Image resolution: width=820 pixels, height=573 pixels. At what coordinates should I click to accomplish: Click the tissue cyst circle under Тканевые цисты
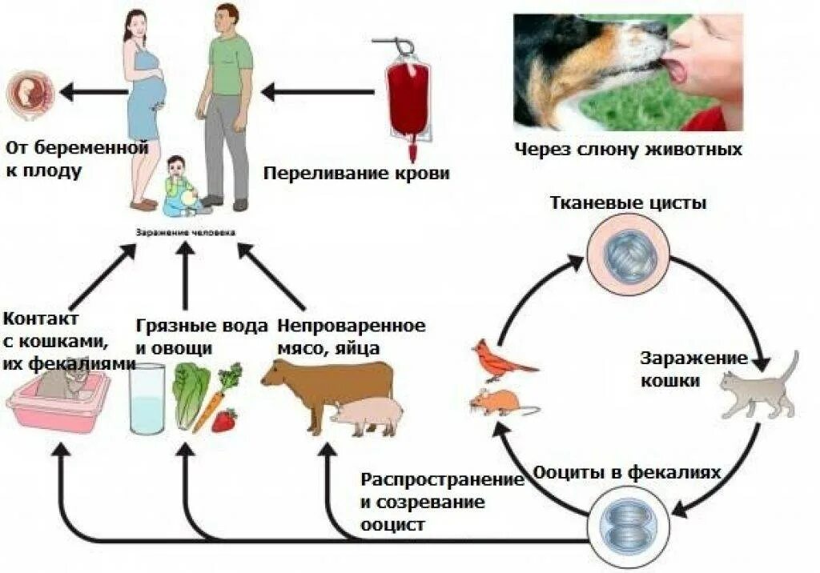pos(624,255)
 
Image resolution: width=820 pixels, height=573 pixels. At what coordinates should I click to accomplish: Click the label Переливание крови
pos(356,173)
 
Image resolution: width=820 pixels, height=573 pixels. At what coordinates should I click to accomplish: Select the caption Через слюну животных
pos(628,149)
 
